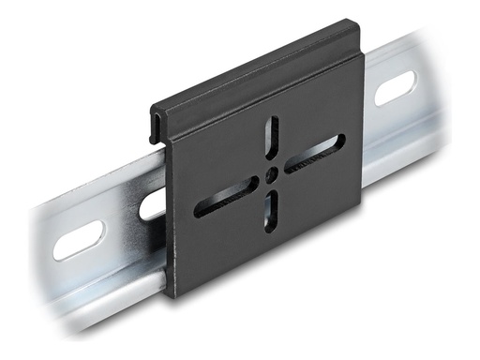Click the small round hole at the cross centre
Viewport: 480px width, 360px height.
tap(271, 173)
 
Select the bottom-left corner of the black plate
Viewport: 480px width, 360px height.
tap(169, 294)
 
